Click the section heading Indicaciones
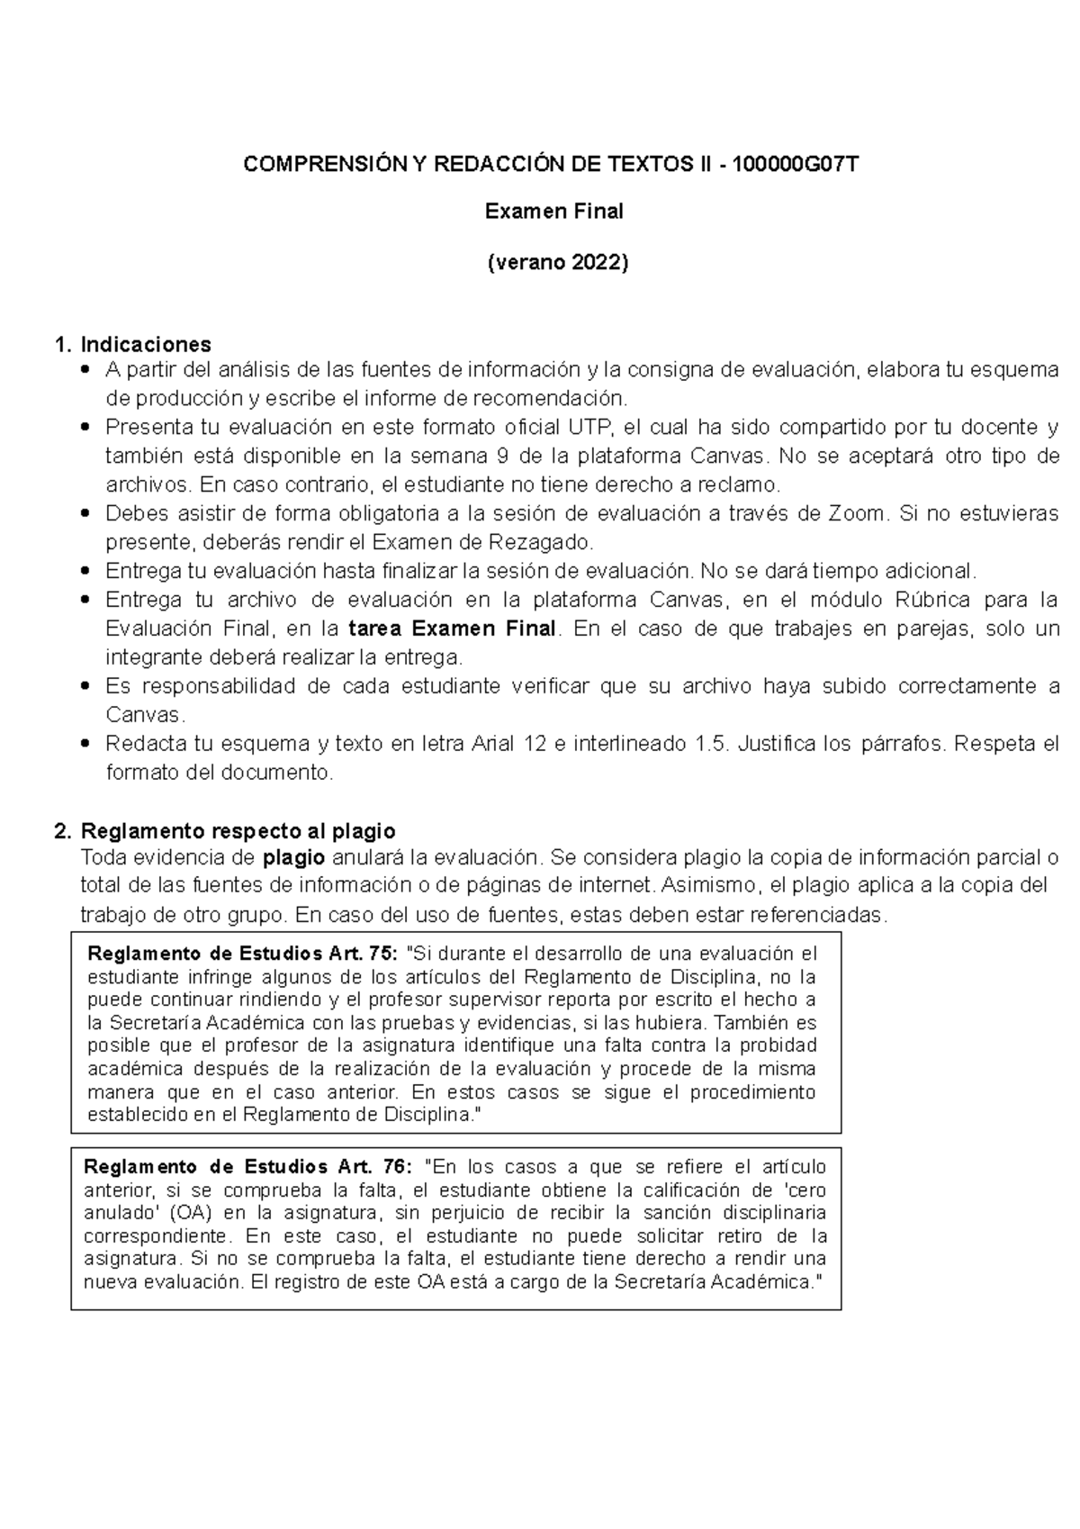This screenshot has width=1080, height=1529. pyautogui.click(x=146, y=344)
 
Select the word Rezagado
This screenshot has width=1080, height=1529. pyautogui.click(x=541, y=542)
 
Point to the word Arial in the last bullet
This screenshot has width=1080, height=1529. pyautogui.click(x=491, y=744)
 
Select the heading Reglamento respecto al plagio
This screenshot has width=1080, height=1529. pyautogui.click(x=238, y=830)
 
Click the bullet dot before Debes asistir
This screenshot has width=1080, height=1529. pyautogui.click(x=85, y=514)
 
